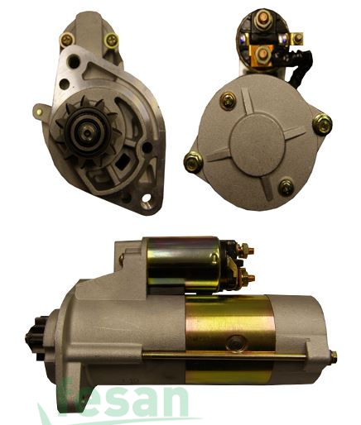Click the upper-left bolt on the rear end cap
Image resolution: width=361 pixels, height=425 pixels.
(228, 101)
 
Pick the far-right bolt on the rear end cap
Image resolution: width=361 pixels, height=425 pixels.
(323, 124)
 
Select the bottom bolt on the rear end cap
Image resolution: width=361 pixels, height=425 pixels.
(286, 187)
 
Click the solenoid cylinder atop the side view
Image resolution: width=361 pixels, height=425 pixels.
(182, 262)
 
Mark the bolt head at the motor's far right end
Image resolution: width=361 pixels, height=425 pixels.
(333, 357)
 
